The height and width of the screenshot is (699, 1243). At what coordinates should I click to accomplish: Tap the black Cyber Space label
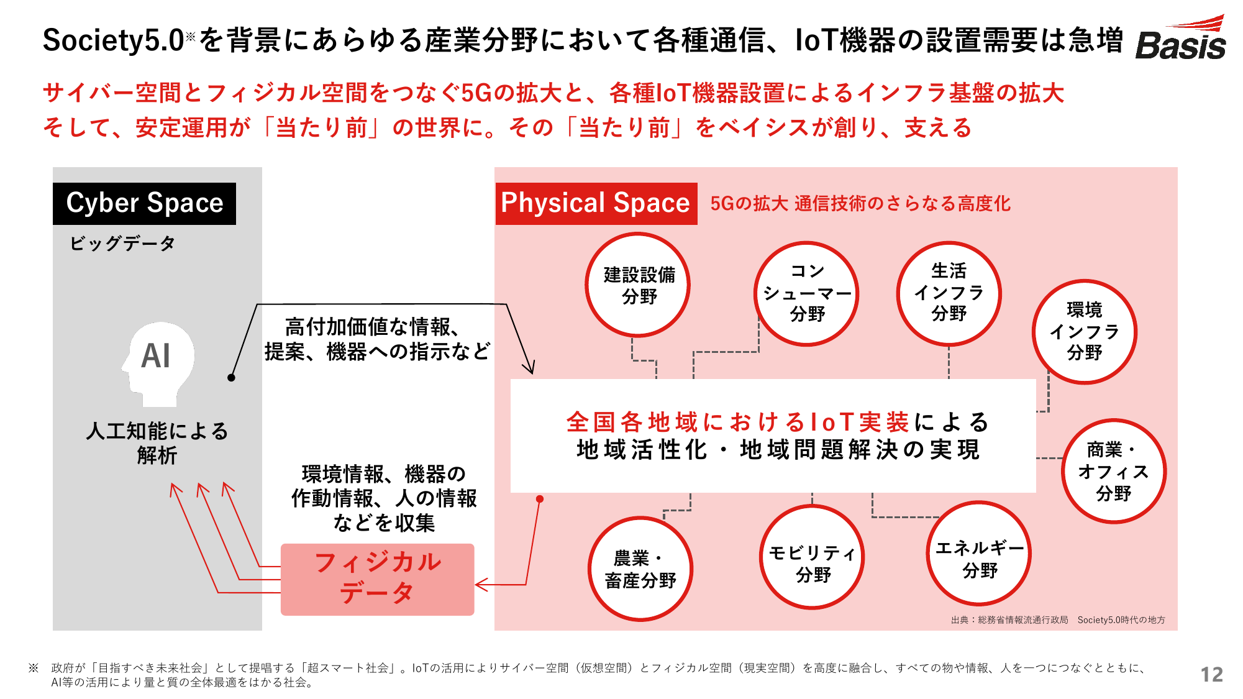click(144, 203)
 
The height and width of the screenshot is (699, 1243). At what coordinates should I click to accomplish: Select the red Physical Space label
click(596, 203)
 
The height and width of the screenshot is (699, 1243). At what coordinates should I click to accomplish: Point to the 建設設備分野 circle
click(638, 285)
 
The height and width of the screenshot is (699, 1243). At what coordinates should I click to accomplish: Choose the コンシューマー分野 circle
click(806, 293)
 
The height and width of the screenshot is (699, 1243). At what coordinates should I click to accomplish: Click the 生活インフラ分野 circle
click(949, 293)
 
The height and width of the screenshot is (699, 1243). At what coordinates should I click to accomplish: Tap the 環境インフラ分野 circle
click(1085, 332)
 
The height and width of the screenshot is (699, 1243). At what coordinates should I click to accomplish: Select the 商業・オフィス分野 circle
click(1114, 471)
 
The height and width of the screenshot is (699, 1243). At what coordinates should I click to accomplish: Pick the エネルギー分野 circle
click(979, 553)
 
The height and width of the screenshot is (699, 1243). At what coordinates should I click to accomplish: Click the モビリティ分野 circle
click(812, 557)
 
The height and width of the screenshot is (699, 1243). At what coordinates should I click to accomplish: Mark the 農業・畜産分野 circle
click(640, 569)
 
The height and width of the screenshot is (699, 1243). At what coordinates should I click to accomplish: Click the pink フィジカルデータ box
click(377, 579)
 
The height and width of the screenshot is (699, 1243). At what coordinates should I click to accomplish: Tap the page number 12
click(1211, 675)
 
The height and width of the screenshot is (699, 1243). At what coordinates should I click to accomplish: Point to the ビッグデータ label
click(122, 244)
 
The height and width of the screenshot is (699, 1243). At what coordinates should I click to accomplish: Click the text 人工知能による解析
click(157, 443)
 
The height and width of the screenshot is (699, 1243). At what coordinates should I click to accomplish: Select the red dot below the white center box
click(540, 499)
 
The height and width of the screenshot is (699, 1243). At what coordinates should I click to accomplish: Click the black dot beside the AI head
click(231, 378)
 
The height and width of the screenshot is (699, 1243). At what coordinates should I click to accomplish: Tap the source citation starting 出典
click(1058, 619)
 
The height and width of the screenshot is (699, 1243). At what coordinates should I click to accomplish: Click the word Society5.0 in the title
click(113, 40)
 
